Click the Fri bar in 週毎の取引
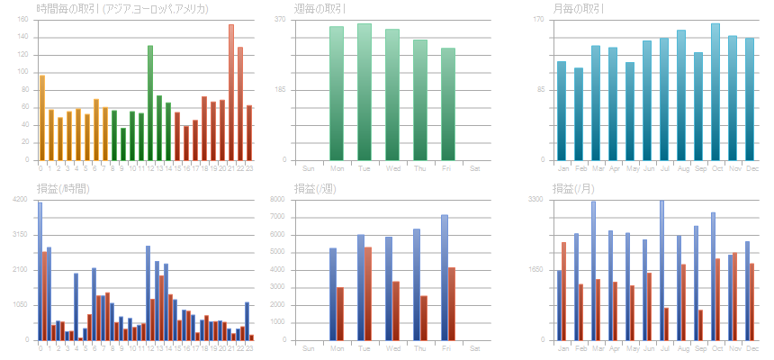[x=448, y=103]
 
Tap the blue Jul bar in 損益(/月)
[x=661, y=270]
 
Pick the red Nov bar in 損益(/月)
[x=735, y=296]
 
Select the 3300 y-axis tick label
[x=534, y=199]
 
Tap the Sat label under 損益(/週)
[x=475, y=347]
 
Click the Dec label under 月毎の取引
[x=750, y=167]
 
